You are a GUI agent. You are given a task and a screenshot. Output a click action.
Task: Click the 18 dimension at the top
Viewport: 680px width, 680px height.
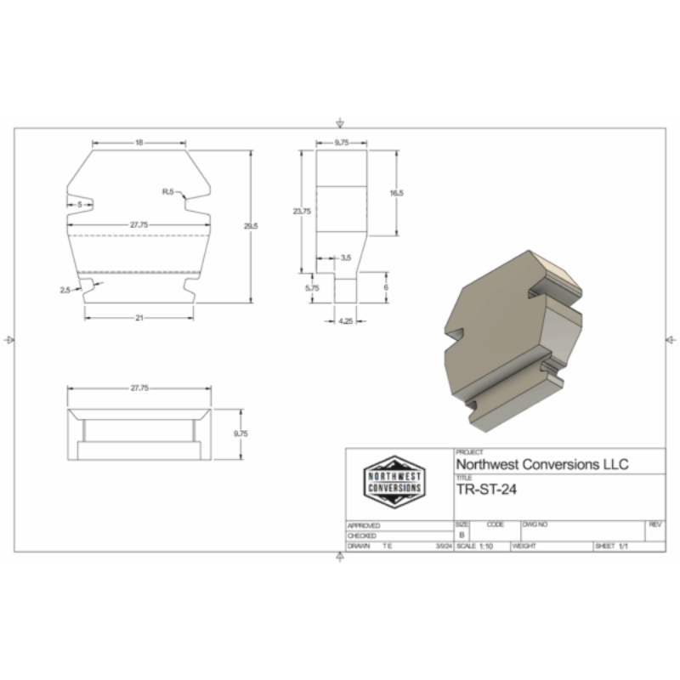(x=139, y=143)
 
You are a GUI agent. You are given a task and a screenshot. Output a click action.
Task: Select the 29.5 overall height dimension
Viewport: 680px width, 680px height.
(x=249, y=226)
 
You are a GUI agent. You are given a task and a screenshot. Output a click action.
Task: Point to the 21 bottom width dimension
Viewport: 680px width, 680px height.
(x=139, y=317)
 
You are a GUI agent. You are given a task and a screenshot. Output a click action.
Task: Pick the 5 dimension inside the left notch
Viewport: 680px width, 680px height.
(x=80, y=205)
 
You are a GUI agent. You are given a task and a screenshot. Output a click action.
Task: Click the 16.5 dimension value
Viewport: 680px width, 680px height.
(x=395, y=194)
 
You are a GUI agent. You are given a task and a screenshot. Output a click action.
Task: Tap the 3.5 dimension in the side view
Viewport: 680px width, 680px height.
(x=345, y=257)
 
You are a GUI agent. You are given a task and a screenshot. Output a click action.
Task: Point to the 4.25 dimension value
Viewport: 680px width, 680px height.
(x=345, y=321)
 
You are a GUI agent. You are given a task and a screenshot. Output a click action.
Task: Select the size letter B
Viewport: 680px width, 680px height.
(x=462, y=535)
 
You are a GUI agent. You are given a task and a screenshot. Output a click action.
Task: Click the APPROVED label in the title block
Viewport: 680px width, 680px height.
(x=364, y=525)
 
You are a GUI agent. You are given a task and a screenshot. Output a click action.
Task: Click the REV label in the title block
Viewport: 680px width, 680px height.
(x=654, y=524)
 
